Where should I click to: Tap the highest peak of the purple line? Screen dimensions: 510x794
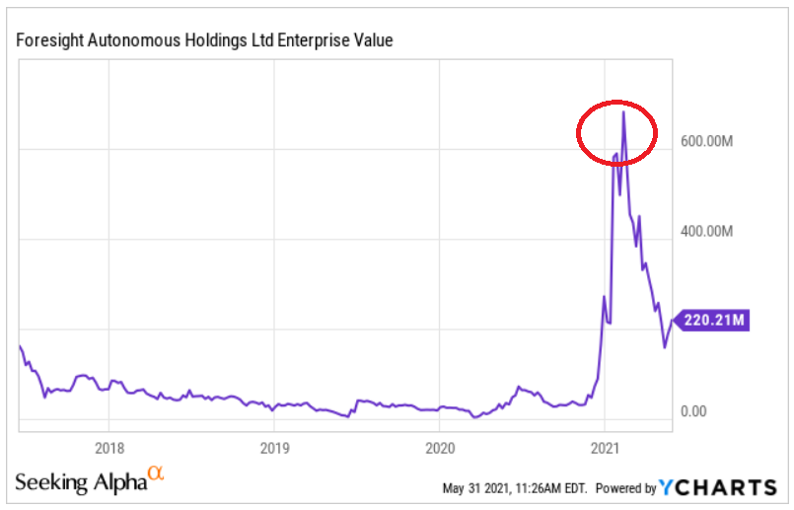pyautogui.click(x=623, y=112)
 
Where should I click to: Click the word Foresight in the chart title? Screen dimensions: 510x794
pyautogui.click(x=47, y=40)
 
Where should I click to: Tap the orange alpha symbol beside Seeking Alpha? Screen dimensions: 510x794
pyautogui.click(x=155, y=475)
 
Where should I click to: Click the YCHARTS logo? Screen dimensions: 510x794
pyautogui.click(x=718, y=487)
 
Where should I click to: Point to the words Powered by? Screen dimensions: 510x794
pyautogui.click(x=626, y=488)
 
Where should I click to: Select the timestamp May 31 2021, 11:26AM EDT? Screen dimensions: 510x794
pyautogui.click(x=514, y=488)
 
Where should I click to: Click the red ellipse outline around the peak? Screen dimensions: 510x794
pyautogui.click(x=579, y=132)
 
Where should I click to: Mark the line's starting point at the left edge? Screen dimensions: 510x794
pyautogui.click(x=20, y=346)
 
